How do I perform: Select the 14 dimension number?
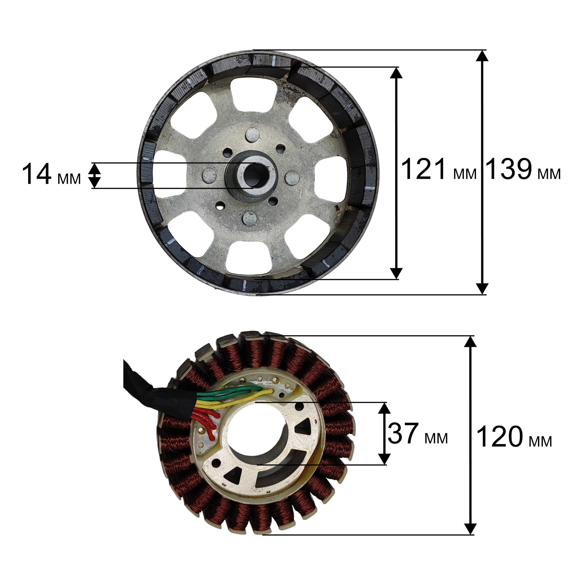coord(37,174)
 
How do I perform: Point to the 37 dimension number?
coord(403,433)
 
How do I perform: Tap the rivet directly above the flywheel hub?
coord(253,135)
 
